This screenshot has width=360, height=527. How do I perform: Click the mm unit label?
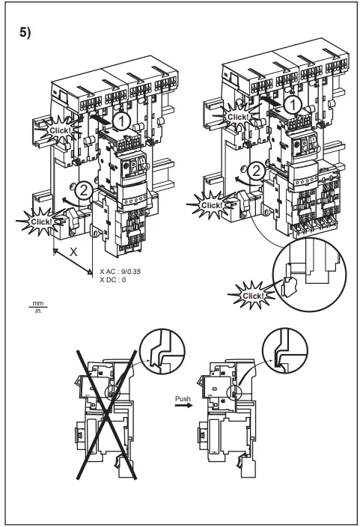pos(34,302)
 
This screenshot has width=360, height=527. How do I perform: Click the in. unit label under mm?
pos(34,310)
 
